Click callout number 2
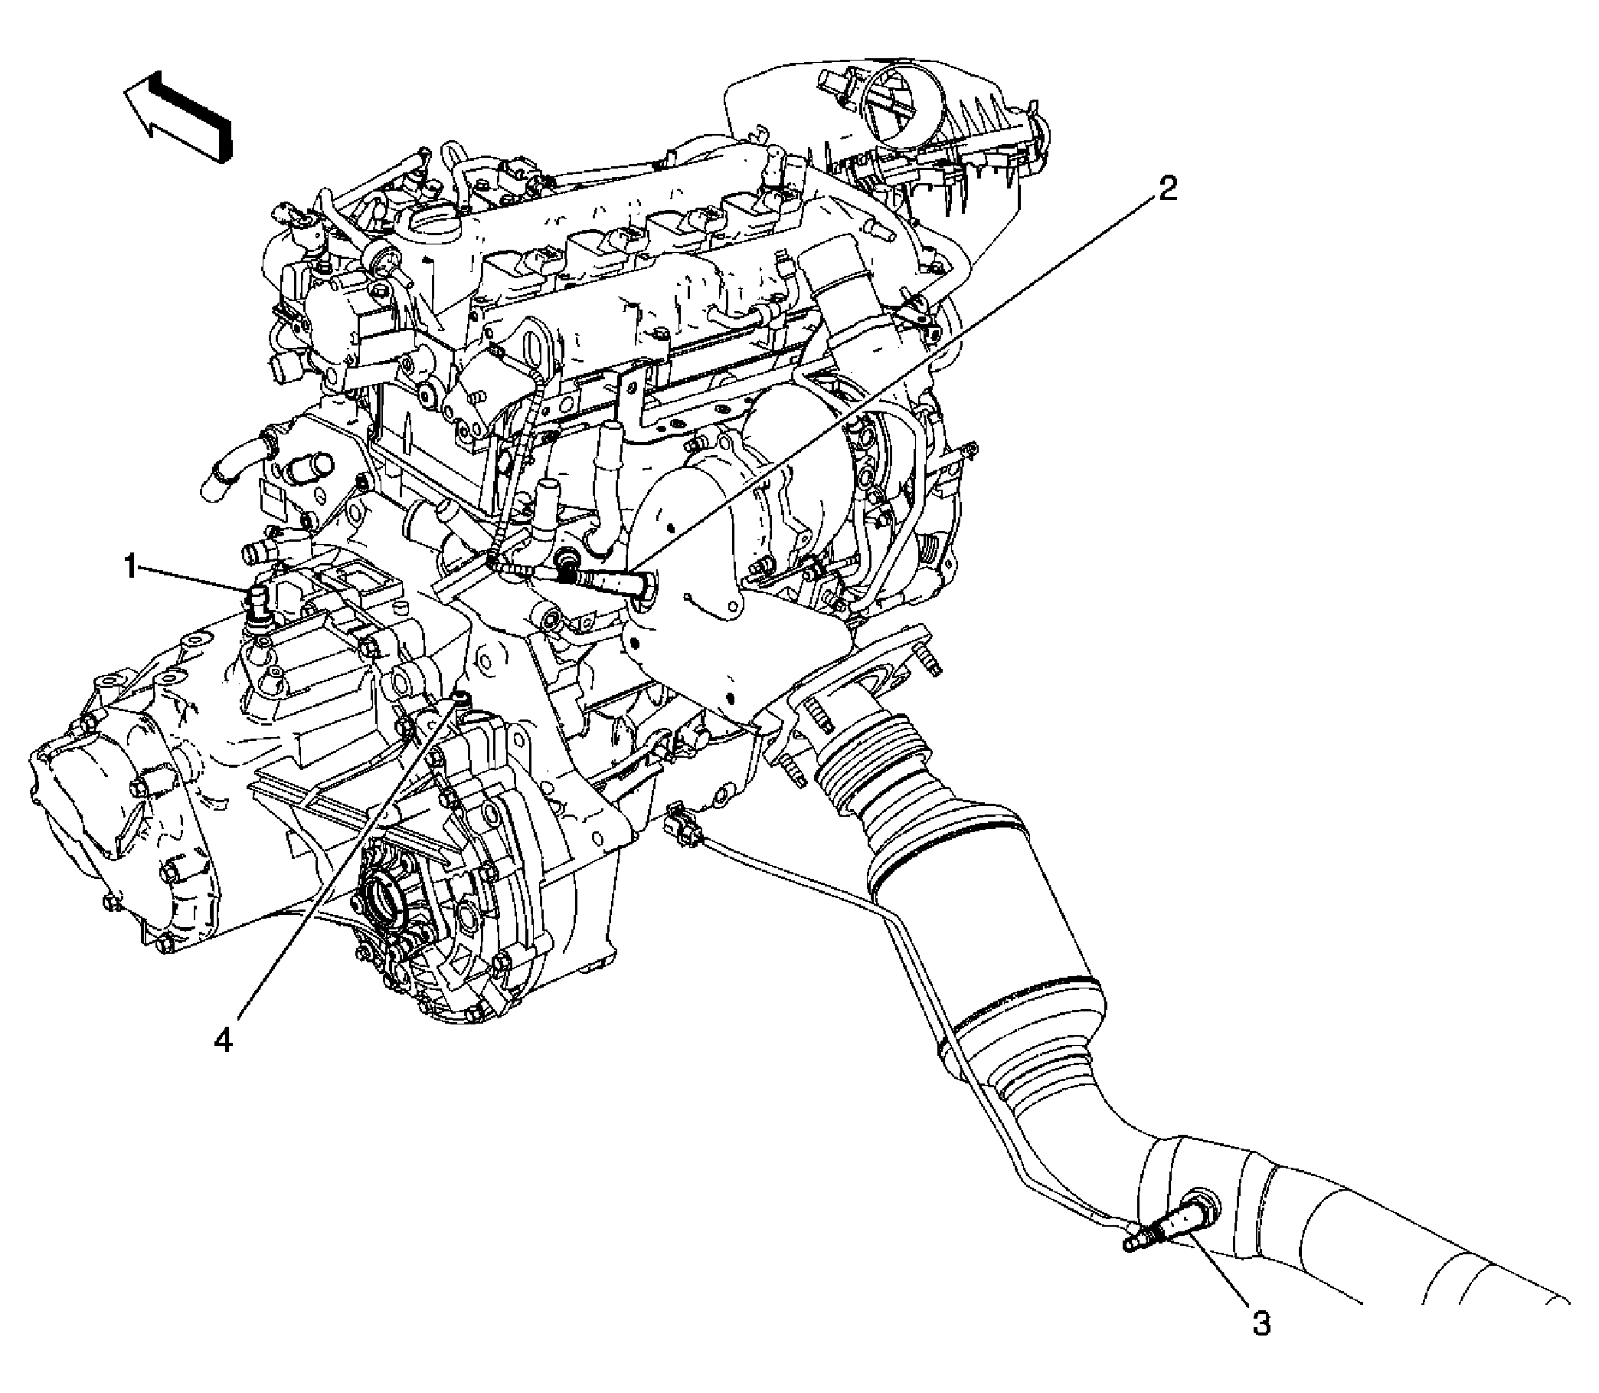pyautogui.click(x=1167, y=189)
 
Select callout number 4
pyautogui.click(x=224, y=1041)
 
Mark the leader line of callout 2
pyautogui.click(x=894, y=388)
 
